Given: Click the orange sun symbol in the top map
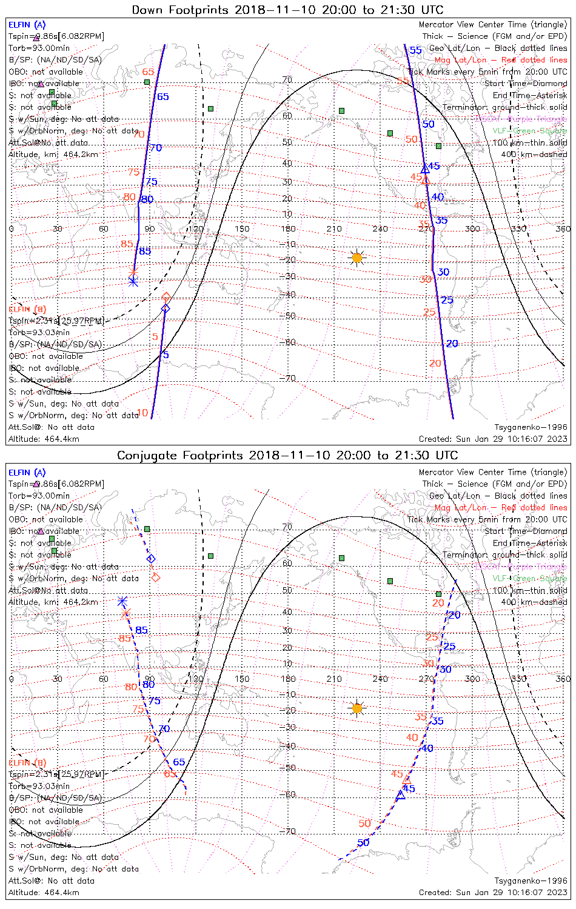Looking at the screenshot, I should (357, 258).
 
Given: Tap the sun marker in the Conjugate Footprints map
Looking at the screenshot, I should (357, 708).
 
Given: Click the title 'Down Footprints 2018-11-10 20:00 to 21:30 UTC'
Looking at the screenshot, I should (287, 10).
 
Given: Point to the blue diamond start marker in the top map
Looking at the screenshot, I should (166, 309).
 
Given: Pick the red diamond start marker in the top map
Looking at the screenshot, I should (166, 297).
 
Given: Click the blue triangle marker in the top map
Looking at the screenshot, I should (426, 169).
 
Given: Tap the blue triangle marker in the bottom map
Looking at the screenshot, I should (400, 794).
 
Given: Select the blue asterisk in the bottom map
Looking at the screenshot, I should (122, 601).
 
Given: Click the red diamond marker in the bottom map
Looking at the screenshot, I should (156, 577).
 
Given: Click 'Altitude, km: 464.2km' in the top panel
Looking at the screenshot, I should (53, 155).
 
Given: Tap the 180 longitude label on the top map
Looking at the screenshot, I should (289, 229).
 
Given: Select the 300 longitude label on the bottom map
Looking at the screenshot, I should (472, 679).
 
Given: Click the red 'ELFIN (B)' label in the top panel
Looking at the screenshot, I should (27, 309).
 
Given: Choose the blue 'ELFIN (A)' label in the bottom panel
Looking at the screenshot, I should (27, 473).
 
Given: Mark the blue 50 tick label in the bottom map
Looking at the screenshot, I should (363, 843).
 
